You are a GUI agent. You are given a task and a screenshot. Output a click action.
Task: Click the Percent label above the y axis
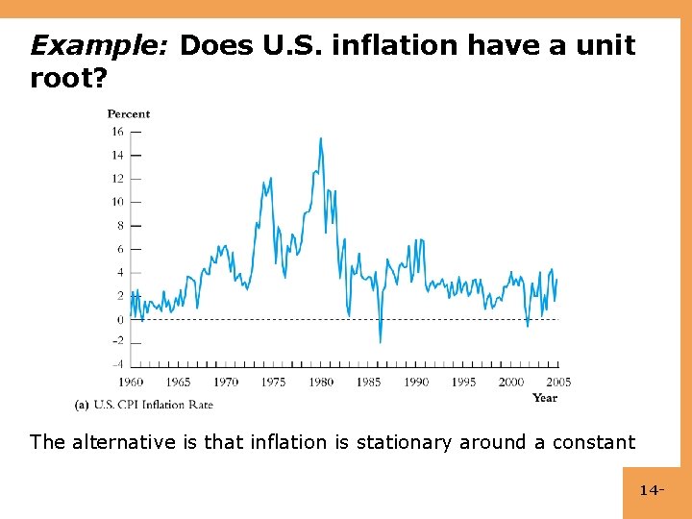point(129,113)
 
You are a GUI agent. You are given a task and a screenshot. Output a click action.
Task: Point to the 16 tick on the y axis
point(118,132)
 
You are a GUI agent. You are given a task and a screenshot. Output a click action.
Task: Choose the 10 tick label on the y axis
point(118,202)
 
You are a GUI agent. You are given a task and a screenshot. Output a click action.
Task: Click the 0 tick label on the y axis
point(121,320)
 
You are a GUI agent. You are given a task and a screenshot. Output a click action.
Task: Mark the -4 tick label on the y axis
point(117,364)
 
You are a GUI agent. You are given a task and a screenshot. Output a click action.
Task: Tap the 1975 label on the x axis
point(273,383)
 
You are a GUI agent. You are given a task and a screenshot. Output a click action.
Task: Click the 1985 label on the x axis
point(368,383)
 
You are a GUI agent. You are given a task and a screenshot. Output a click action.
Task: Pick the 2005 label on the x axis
point(557,383)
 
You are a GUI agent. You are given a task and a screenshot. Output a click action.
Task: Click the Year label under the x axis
point(544,398)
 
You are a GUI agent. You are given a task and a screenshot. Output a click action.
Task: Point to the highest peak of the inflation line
point(320,138)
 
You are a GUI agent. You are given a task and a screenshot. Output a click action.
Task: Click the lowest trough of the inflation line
point(380,341)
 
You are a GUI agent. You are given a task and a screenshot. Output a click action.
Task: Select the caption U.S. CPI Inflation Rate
point(153,405)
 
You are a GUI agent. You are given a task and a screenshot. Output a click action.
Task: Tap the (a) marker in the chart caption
point(82,405)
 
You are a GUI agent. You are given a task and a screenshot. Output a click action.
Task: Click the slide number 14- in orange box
point(651,491)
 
